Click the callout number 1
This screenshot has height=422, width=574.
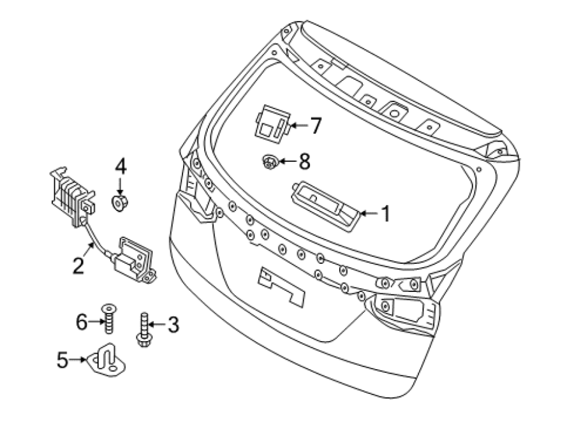385,214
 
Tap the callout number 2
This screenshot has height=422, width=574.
78,266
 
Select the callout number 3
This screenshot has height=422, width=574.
173,324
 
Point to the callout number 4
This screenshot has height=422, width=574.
121,166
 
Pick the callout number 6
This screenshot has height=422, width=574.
82,322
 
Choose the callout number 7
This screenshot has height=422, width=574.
315,126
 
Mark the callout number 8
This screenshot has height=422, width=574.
304,161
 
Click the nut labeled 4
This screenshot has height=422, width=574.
119,203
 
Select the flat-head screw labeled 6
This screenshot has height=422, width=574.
108,319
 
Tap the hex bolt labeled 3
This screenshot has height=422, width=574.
144,330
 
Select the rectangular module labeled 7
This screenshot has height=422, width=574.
273,122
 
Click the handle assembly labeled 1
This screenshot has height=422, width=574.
325,206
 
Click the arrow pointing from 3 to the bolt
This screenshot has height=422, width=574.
158,324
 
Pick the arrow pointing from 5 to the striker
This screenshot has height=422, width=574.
77,360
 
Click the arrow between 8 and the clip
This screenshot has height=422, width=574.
288,161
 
